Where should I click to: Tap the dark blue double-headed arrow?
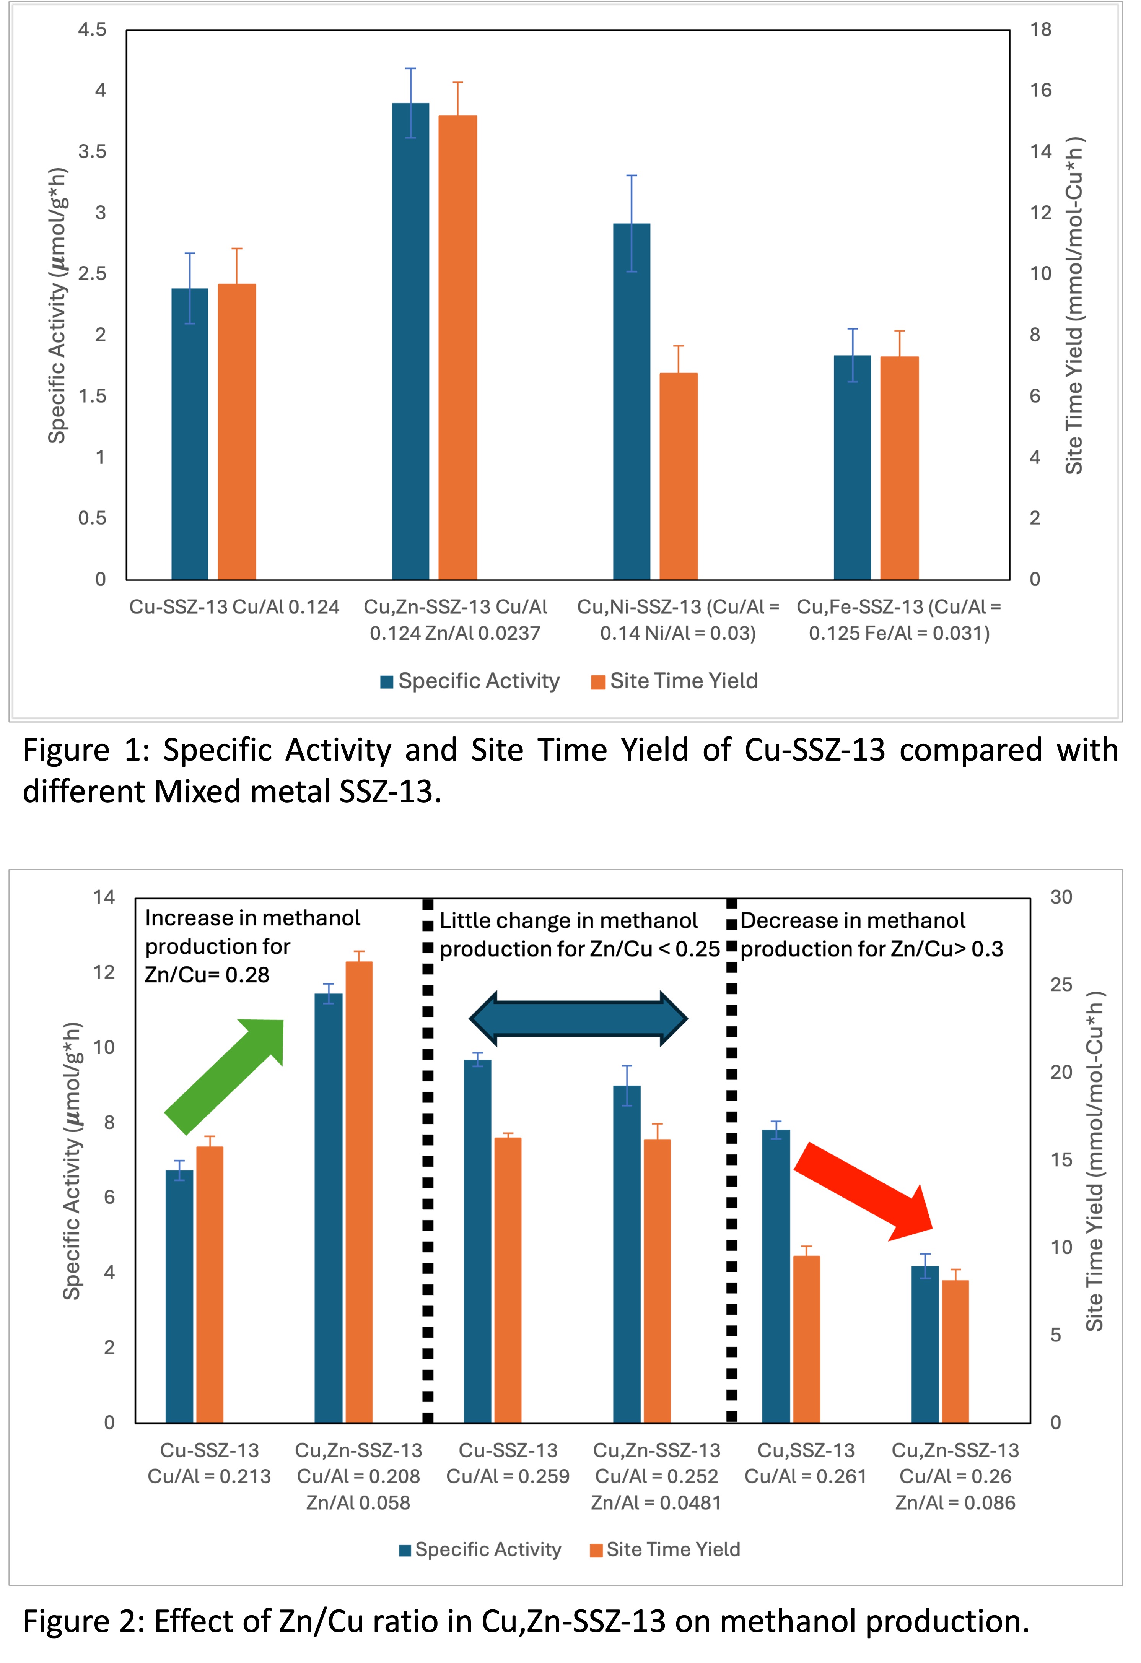(x=578, y=1018)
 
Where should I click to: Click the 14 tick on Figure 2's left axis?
(x=104, y=897)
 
